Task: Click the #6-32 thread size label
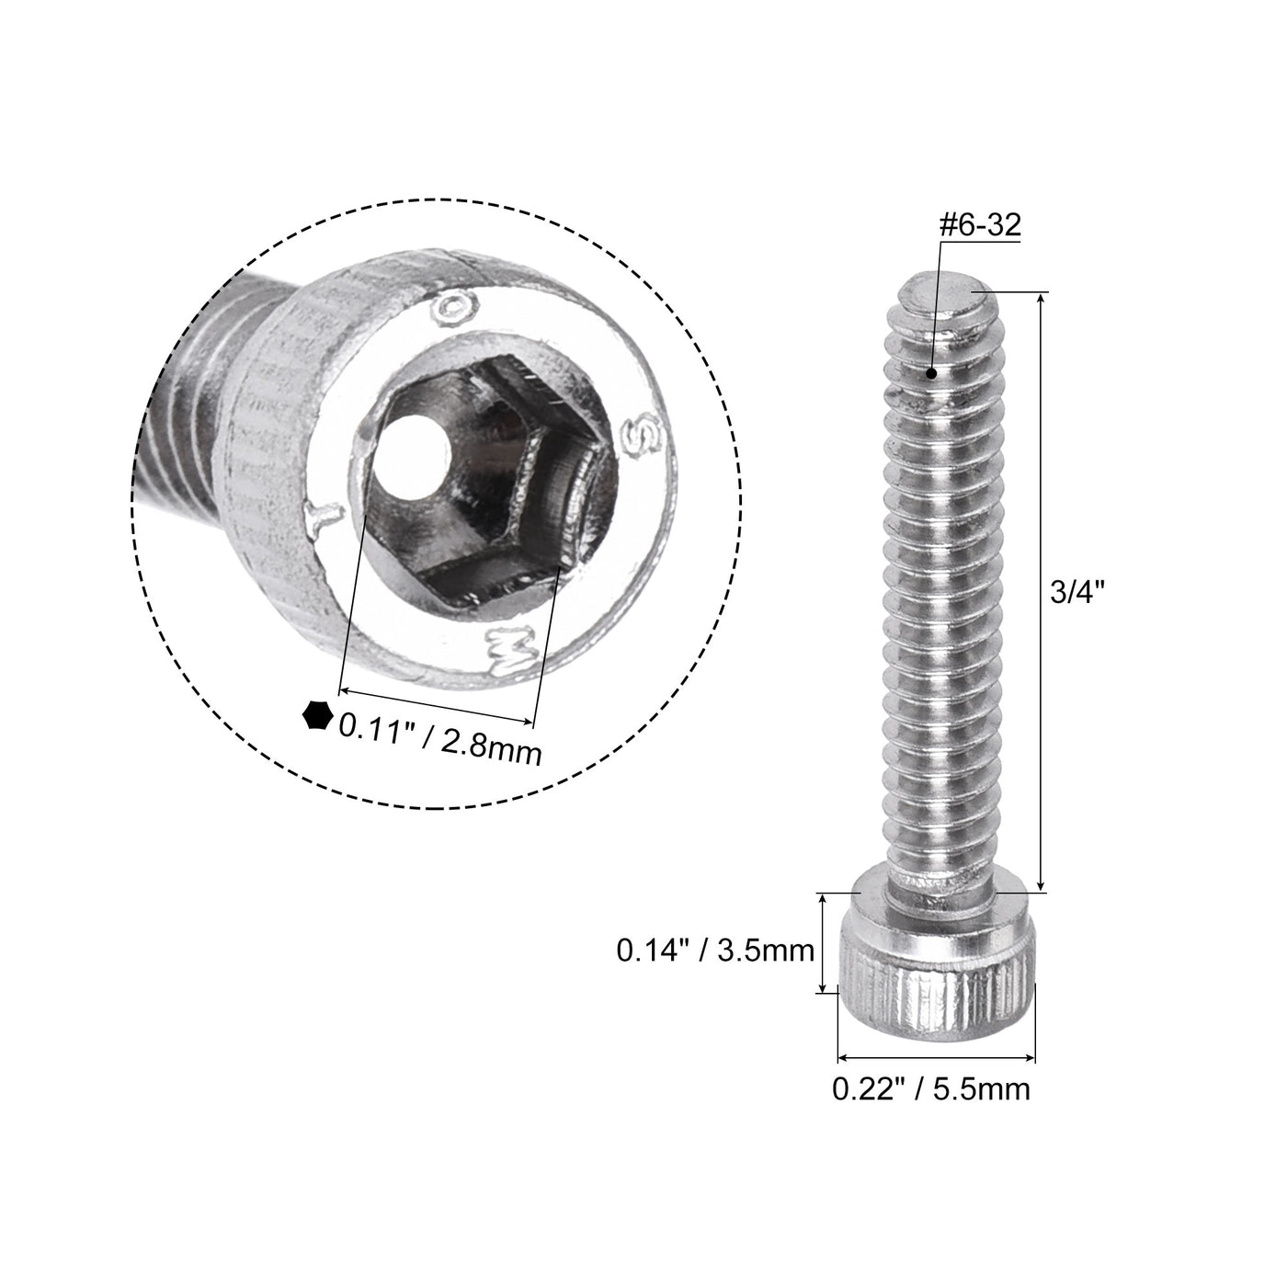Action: coord(979,225)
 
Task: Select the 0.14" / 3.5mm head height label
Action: coord(715,950)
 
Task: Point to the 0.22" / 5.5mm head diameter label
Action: coord(930,1089)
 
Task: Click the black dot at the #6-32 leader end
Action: coord(931,373)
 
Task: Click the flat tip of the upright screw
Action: coord(945,295)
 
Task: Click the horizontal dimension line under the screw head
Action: coord(937,1058)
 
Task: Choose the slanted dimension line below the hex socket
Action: coord(437,704)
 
